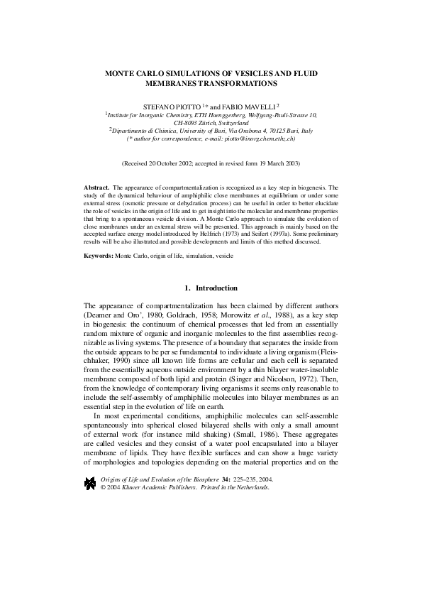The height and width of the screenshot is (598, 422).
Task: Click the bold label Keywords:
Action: click(x=99, y=254)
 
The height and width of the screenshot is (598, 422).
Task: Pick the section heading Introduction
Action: click(x=216, y=288)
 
